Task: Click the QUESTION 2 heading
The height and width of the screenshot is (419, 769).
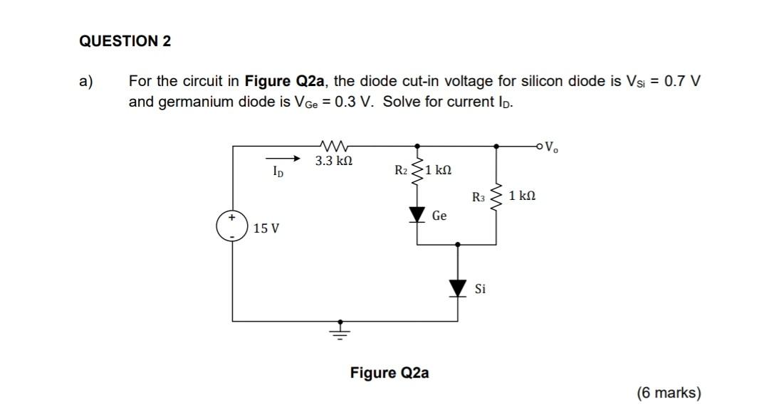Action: click(125, 41)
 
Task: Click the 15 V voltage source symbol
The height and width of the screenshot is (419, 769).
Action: click(232, 226)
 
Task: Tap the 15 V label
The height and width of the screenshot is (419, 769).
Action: click(266, 228)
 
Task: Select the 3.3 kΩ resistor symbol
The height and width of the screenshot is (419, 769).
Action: click(333, 145)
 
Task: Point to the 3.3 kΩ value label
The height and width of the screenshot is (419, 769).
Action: click(333, 161)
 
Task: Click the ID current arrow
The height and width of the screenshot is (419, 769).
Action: click(283, 159)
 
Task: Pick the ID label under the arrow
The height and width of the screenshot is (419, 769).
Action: click(279, 171)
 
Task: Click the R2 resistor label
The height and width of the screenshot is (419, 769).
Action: click(401, 170)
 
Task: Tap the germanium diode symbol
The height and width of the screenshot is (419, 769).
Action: click(417, 214)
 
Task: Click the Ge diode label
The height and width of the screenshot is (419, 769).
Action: click(439, 215)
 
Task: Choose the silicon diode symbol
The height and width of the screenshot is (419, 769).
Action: click(457, 287)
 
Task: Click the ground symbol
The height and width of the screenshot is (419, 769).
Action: click(340, 330)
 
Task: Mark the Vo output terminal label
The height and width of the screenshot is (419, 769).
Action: click(551, 149)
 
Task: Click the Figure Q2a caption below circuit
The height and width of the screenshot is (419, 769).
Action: click(389, 373)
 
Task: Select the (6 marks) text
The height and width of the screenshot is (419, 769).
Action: click(669, 393)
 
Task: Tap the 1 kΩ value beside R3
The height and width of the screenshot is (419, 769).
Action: click(522, 194)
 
